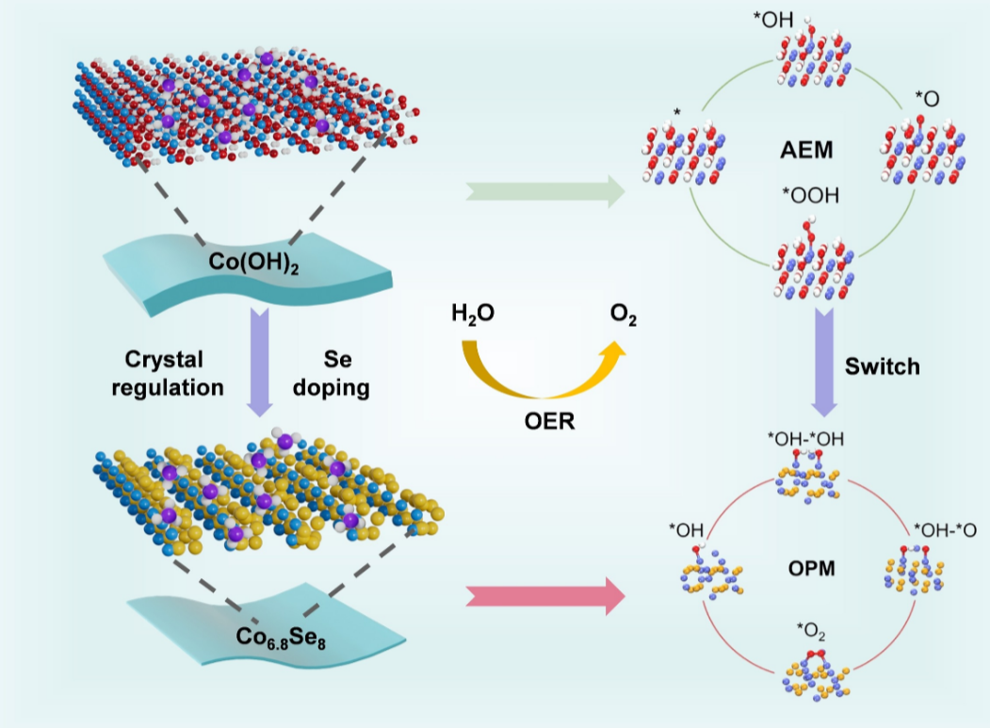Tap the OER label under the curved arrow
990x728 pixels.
[548, 421]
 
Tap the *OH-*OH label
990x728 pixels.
[799, 439]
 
